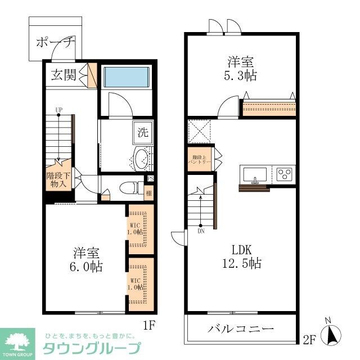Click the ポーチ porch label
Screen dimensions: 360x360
[x=55, y=42]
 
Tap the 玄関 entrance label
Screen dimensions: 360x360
[x=64, y=76]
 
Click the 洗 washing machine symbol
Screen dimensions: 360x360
[x=143, y=133]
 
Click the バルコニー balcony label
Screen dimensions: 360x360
[x=240, y=328]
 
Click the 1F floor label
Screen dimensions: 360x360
[x=148, y=325]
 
